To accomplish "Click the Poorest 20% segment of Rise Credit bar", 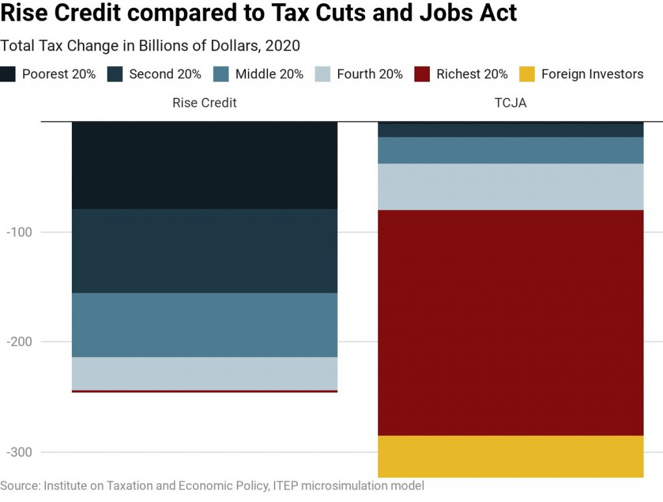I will pos(205,165).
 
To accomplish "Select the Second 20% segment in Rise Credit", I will pos(205,251).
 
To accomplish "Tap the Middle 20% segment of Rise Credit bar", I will pos(205,325).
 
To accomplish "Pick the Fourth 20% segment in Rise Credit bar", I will pos(205,373).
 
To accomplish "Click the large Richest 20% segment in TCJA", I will pos(511,323).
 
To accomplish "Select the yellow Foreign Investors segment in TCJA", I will pos(511,456).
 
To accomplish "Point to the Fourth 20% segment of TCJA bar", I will pos(511,187).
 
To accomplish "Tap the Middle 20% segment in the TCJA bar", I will pos(511,150).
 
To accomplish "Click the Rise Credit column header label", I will pos(205,103).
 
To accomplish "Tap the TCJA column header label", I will pos(511,103).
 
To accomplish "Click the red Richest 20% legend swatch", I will pos(423,74).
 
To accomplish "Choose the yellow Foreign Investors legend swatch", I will pos(527,74).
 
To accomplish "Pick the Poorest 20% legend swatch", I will pos(8,74).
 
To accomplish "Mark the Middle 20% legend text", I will pos(269,74).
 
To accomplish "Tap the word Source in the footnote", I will pos(19,485).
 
